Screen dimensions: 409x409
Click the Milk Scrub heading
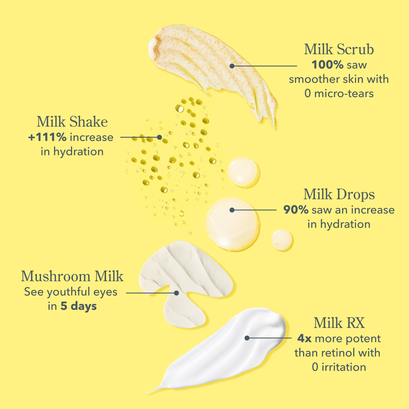point(339,49)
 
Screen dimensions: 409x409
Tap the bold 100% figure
point(327,65)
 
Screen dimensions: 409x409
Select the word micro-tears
point(344,93)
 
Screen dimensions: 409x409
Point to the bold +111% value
point(47,137)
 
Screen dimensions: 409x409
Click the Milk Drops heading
point(339,194)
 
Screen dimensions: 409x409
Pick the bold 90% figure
point(296,210)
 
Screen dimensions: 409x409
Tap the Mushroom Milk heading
point(72,276)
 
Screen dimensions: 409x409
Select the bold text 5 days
point(79,306)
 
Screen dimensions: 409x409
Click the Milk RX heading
point(339,323)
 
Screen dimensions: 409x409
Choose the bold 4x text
point(304,339)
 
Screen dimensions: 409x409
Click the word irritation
point(344,367)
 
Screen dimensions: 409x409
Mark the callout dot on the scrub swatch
point(232,66)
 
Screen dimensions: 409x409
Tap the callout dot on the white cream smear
point(247,338)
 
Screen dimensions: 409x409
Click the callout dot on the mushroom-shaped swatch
point(176,293)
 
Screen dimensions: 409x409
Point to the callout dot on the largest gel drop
point(232,210)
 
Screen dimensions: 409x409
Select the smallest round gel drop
point(282,240)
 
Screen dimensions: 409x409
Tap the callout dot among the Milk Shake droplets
point(160,137)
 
